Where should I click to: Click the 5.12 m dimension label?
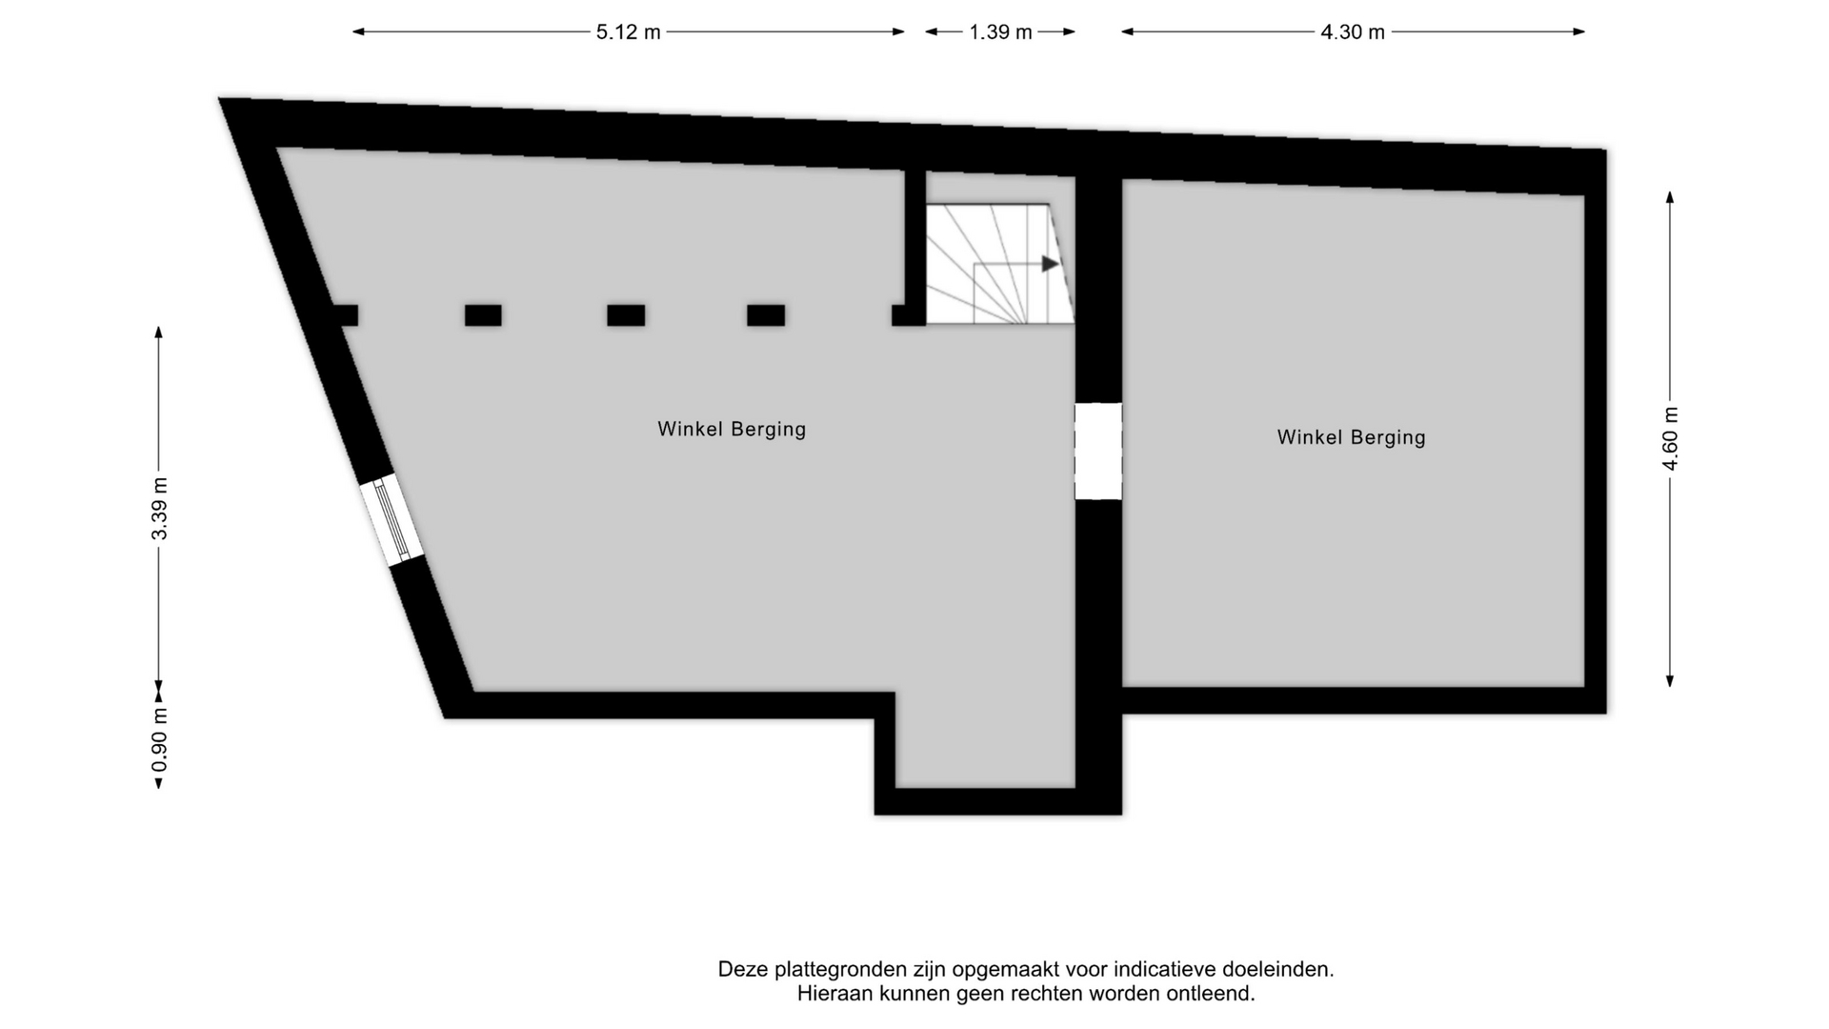[628, 32]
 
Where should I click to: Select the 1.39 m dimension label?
[1000, 32]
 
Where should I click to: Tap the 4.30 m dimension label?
[1352, 32]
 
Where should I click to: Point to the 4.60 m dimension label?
[1670, 438]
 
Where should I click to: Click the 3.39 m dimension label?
[159, 509]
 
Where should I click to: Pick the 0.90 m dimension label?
[159, 740]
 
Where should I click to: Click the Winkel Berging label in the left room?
[732, 430]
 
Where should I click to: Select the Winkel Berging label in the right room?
[1351, 437]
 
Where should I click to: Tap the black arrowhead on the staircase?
[1050, 264]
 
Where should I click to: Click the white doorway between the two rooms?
[1098, 452]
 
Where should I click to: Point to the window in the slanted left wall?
[392, 521]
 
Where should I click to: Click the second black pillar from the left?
[483, 315]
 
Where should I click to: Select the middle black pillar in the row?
[626, 315]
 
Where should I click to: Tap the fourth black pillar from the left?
[766, 315]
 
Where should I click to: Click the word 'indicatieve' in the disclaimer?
[1165, 970]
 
